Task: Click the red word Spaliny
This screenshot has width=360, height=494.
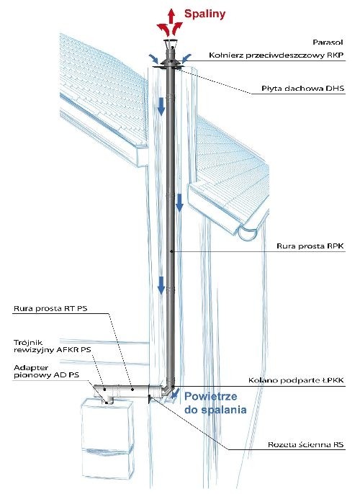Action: [x=204, y=14]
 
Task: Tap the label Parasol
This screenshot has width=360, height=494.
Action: [x=328, y=42]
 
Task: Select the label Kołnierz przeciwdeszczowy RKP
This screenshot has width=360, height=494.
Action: [x=276, y=55]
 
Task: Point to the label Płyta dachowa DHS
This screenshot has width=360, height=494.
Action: [x=302, y=89]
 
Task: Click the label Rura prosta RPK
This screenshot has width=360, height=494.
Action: [x=310, y=246]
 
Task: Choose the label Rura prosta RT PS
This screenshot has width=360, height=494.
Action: [x=50, y=308]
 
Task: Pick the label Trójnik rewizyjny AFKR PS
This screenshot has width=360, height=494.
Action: [x=53, y=346]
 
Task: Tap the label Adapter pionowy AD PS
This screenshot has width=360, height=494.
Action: [x=46, y=371]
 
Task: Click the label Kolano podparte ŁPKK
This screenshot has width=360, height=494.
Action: [x=296, y=380]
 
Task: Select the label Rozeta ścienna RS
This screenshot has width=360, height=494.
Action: [x=305, y=445]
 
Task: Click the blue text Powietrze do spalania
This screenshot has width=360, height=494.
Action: [x=215, y=403]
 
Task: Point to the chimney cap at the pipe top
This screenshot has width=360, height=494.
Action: [x=171, y=45]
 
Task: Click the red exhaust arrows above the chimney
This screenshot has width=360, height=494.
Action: [x=170, y=22]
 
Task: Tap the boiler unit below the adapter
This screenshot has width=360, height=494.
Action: [x=108, y=445]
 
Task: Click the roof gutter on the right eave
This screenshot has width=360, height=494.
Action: [x=248, y=234]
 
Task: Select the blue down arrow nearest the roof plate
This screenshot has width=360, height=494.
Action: [x=161, y=107]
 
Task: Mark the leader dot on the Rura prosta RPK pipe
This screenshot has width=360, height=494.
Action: [x=171, y=251]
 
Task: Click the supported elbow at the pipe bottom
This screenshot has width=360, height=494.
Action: [x=168, y=388]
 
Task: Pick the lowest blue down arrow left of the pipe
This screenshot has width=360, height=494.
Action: [x=161, y=285]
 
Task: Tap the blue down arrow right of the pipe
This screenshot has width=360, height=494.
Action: [x=179, y=202]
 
